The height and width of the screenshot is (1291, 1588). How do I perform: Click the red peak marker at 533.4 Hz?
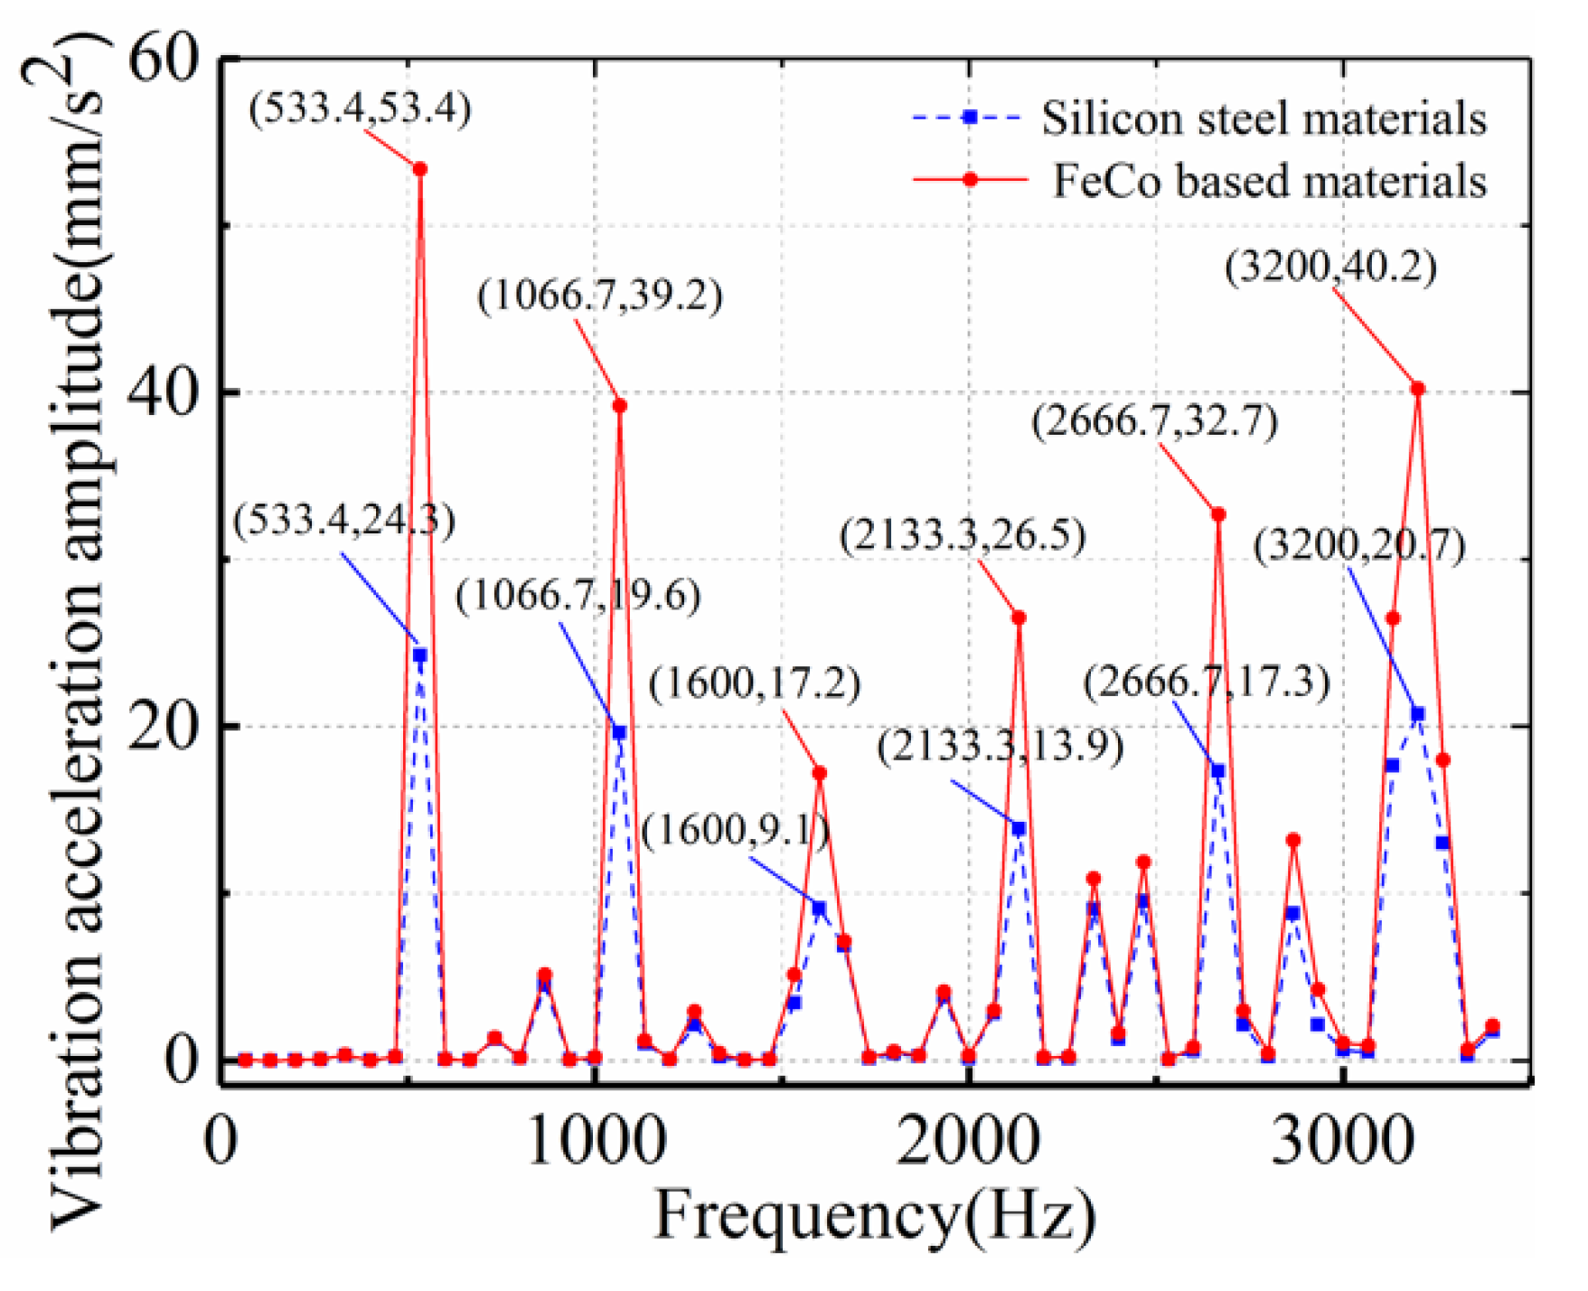[x=420, y=169]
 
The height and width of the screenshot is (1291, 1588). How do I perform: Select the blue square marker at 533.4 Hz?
[x=420, y=655]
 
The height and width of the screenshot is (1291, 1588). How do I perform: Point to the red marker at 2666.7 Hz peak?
[x=1218, y=514]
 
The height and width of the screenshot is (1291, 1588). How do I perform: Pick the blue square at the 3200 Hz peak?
[x=1418, y=714]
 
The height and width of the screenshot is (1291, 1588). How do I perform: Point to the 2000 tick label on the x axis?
[x=968, y=1141]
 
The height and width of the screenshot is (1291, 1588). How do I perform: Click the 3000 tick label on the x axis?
[x=1342, y=1141]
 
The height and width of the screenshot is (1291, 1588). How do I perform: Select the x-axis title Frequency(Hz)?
[x=875, y=1216]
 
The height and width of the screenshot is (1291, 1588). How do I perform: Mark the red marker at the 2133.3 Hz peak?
[x=1020, y=618]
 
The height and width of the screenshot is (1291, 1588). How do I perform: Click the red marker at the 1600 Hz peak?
[x=820, y=774]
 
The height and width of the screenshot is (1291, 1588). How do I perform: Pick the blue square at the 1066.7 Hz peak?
[x=619, y=732]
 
